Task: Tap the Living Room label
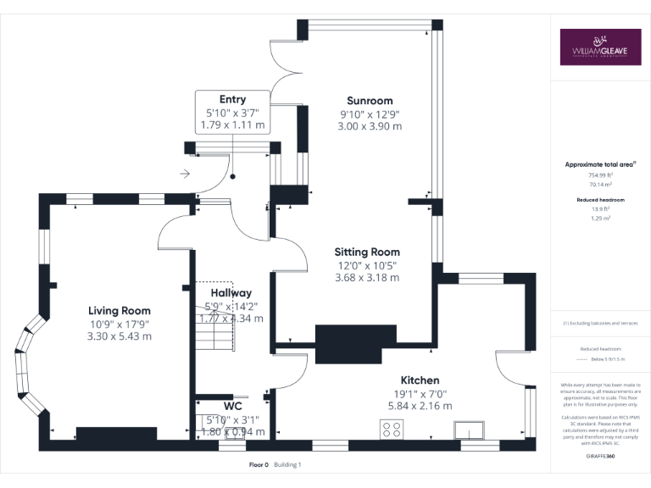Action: pos(120,310)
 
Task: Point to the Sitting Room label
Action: pos(367,252)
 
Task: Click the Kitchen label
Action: pos(420,380)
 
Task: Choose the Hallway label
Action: pos(231,293)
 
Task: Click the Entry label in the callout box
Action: pos(232,99)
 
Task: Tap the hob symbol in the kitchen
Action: pos(392,430)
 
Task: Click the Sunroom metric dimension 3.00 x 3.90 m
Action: pos(370,125)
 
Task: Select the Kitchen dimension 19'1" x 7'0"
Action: pos(420,393)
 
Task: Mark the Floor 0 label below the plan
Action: pos(259,465)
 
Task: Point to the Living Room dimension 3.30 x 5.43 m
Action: pos(120,335)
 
